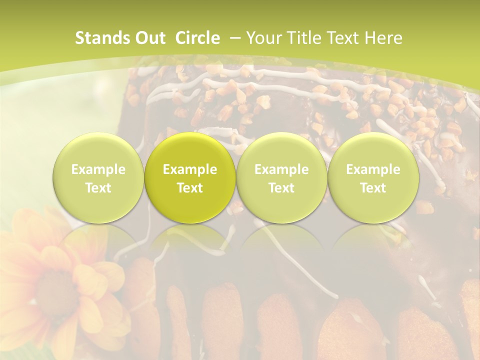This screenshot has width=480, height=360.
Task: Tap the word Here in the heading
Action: (x=384, y=38)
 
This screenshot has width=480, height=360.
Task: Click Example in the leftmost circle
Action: (x=98, y=169)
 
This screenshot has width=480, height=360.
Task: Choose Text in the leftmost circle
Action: (x=98, y=188)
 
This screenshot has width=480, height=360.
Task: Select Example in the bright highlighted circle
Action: (x=190, y=169)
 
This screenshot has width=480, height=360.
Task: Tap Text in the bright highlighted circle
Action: (x=190, y=188)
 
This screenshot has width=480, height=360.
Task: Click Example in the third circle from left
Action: (x=281, y=169)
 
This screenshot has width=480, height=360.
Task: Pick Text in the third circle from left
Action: (x=281, y=188)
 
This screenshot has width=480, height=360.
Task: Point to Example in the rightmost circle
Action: (x=373, y=169)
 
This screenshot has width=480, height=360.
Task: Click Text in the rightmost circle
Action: (x=373, y=188)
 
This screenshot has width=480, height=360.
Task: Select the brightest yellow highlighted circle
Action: (x=190, y=150)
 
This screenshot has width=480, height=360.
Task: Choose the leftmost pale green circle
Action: (x=98, y=150)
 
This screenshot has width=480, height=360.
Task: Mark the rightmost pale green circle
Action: (x=373, y=150)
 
